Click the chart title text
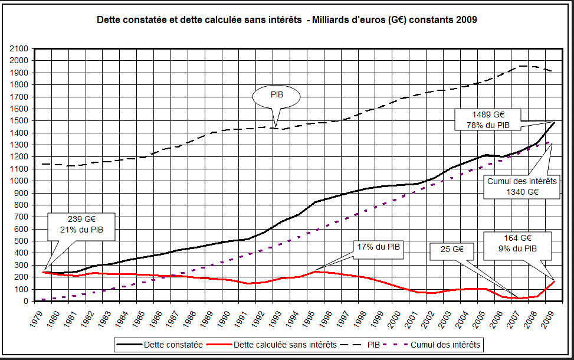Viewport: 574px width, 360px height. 287,20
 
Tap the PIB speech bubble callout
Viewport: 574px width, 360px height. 276,95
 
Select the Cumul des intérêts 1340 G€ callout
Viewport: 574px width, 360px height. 521,186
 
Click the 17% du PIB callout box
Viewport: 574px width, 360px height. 378,249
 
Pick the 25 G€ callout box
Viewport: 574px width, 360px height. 452,249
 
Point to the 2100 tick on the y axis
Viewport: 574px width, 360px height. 19,48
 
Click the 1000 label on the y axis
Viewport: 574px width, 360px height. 19,181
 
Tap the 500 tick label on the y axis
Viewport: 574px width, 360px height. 22,241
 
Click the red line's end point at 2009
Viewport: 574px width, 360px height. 554,282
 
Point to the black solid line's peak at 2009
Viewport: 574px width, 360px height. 554,122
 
